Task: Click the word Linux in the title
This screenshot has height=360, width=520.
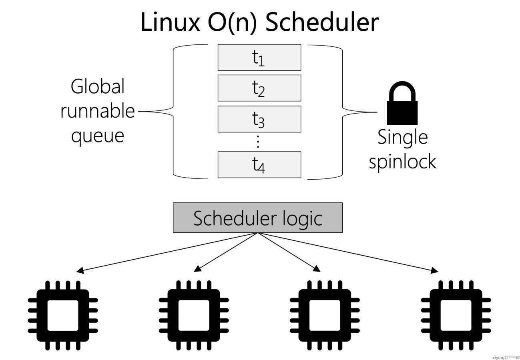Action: pyautogui.click(x=170, y=22)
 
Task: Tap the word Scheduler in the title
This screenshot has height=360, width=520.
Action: pyautogui.click(x=321, y=22)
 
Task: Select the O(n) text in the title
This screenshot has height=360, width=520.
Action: pyautogui.click(x=232, y=22)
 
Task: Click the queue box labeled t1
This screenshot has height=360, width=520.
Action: pyautogui.click(x=259, y=58)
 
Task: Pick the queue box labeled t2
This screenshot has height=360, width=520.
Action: pyautogui.click(x=259, y=88)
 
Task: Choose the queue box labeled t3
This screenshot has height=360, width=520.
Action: pyautogui.click(x=259, y=119)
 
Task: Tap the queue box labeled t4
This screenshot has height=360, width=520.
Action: pyautogui.click(x=259, y=164)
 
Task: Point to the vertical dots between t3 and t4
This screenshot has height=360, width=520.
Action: pyautogui.click(x=258, y=142)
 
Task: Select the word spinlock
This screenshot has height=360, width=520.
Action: pyautogui.click(x=402, y=162)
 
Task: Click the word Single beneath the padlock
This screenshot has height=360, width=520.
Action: pyautogui.click(x=402, y=137)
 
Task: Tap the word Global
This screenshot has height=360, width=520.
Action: pyautogui.click(x=98, y=86)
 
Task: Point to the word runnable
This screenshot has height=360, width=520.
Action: pyautogui.click(x=98, y=111)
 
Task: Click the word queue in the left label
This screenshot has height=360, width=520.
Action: pyautogui.click(x=98, y=135)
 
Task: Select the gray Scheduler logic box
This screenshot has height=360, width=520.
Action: pyautogui.click(x=257, y=218)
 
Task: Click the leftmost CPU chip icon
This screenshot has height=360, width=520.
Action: pyautogui.click(x=63, y=315)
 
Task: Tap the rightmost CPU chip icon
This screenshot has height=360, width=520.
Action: pyautogui.click(x=456, y=315)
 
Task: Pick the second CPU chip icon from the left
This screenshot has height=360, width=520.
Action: pyautogui.click(x=194, y=315)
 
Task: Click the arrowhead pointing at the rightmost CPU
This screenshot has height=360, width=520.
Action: pyautogui.click(x=434, y=271)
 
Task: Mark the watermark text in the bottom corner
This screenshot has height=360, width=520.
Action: pyautogui.click(x=506, y=357)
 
